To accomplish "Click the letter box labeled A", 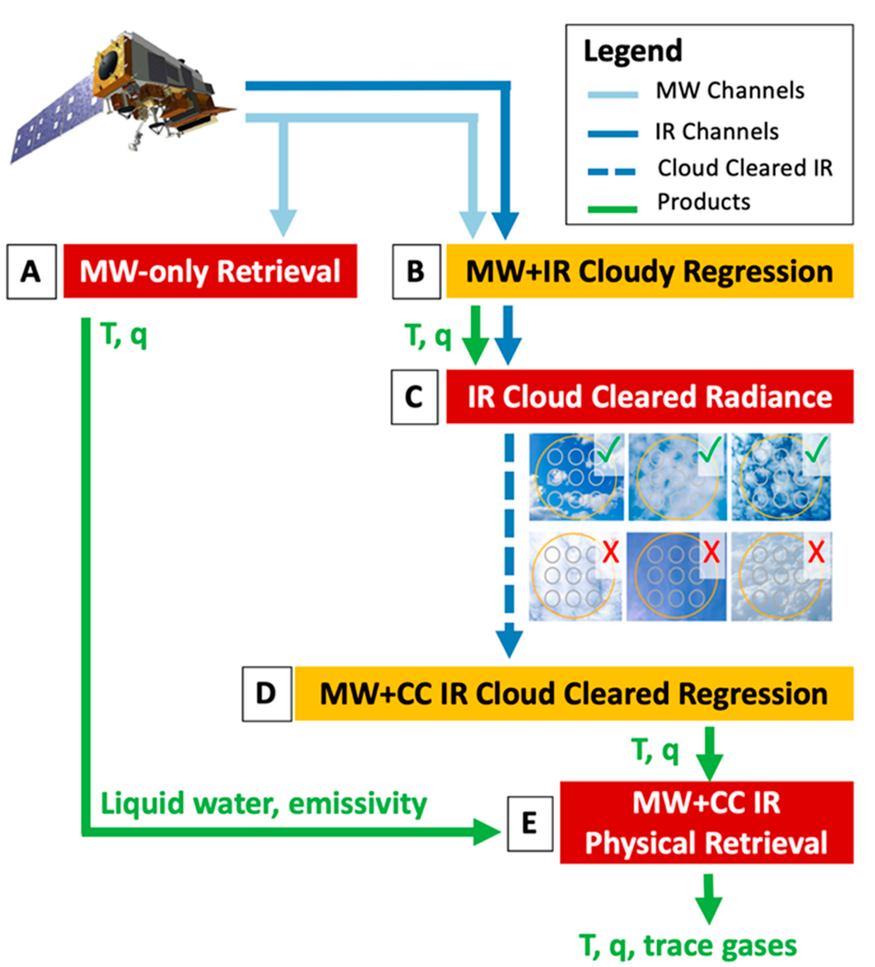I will click(31, 272).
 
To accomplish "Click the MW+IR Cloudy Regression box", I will click(649, 271).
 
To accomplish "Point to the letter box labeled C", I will click(414, 397).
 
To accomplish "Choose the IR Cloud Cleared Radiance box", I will click(649, 397).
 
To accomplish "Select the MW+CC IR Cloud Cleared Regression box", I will click(574, 694).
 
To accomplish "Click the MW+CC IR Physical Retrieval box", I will click(706, 822).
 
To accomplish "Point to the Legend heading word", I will click(632, 51).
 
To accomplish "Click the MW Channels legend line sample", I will click(612, 94).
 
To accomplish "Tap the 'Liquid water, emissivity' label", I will click(263, 804).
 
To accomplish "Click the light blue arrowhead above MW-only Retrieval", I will click(283, 222).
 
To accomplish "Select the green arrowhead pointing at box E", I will click(486, 832).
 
